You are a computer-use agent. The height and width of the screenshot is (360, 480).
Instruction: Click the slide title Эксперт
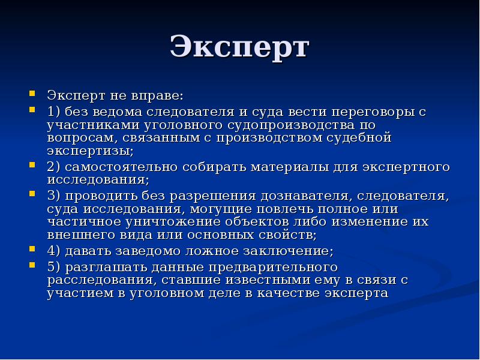239,48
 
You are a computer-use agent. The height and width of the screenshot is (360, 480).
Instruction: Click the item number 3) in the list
55,196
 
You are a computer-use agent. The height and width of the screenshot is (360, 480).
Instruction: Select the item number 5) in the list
55,267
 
